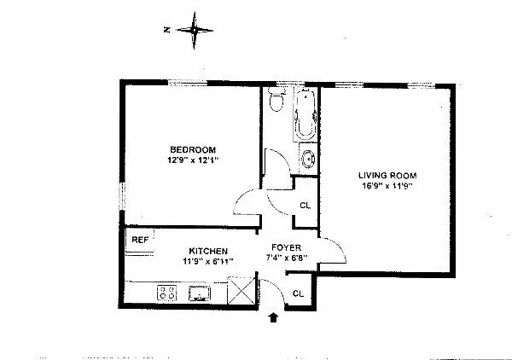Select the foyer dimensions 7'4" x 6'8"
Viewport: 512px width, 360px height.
[285, 257]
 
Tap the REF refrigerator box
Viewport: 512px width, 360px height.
[139, 240]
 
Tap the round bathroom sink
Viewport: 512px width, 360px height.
[307, 159]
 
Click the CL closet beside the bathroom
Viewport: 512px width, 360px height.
[305, 205]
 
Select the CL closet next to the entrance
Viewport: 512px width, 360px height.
[298, 293]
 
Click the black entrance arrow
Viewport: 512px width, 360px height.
[273, 319]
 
